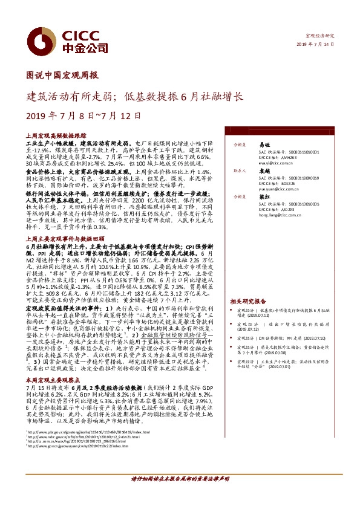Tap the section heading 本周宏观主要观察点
tap(50, 379)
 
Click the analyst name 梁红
tap(264, 196)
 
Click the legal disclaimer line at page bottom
tap(180, 494)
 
